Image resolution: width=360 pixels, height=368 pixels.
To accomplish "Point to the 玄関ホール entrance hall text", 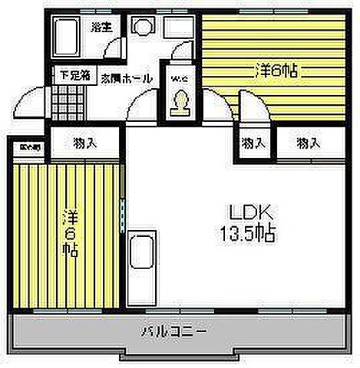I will click(123, 78).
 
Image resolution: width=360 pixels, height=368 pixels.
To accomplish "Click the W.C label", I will click(179, 79).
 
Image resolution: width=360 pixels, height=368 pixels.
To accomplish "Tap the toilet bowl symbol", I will click(180, 101).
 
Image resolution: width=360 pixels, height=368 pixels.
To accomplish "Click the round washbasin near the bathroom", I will click(141, 28).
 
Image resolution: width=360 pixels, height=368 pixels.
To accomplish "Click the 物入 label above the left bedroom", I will click(84, 143).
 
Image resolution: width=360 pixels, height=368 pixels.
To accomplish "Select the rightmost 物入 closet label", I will click(309, 143).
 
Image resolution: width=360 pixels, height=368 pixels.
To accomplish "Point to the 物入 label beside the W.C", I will click(254, 143).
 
